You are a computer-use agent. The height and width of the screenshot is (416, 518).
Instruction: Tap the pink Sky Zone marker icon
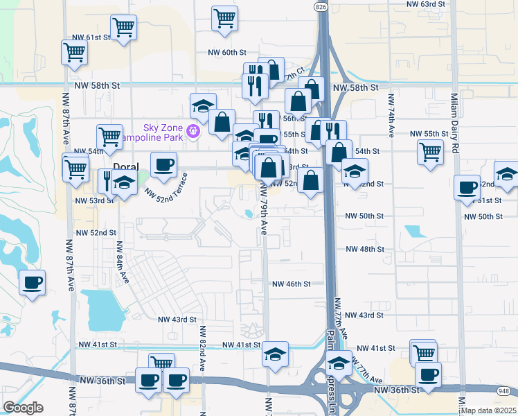[193, 130]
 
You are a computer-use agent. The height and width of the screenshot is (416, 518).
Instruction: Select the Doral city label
[126, 167]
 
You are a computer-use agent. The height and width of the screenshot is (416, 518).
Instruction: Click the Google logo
[23, 408]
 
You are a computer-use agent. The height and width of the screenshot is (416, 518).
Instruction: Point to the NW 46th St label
[291, 284]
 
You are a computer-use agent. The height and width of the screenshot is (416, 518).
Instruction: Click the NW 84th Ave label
[123, 261]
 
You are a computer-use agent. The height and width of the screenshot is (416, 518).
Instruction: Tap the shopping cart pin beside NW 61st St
[123, 28]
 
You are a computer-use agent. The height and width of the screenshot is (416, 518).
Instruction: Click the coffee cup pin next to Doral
[163, 165]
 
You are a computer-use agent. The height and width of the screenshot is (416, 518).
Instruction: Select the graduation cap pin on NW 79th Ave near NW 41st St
[275, 354]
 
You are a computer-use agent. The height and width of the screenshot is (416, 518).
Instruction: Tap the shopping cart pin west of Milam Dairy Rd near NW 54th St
[430, 151]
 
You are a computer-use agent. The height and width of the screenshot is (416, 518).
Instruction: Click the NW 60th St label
[226, 52]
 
